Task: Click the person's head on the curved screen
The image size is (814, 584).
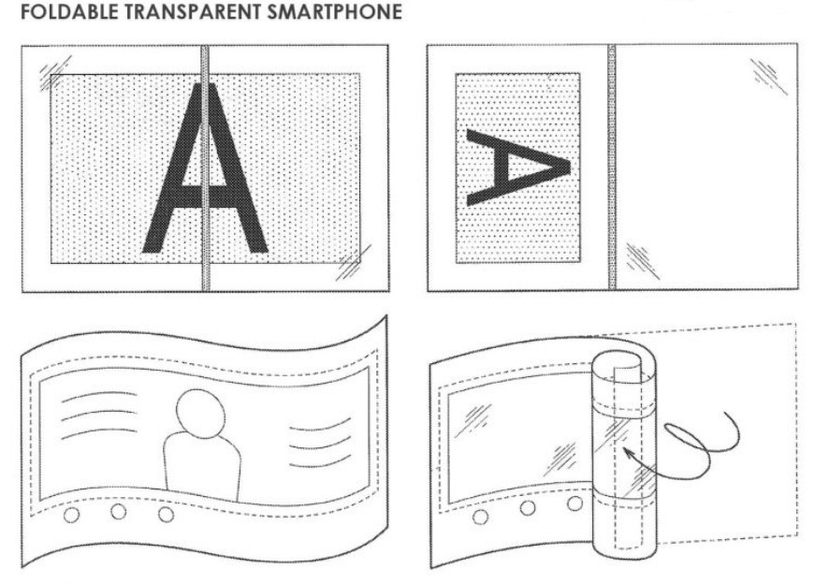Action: pos(201,414)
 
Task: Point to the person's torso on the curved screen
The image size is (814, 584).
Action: pos(203,467)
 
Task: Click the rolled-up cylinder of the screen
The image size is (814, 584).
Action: pos(624,454)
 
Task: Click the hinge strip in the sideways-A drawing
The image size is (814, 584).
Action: pos(612,167)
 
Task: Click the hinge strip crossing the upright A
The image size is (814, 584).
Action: pos(206,168)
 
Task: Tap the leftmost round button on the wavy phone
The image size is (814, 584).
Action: pos(72,515)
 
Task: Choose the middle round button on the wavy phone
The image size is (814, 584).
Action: pos(119,512)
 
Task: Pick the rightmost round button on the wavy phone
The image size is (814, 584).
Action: pos(166,515)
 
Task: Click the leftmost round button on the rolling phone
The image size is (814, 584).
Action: pos(480,517)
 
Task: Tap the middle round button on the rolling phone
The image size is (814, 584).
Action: pos(528,507)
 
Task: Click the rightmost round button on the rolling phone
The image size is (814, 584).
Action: pos(574,504)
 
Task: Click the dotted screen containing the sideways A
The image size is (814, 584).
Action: pos(518,168)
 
